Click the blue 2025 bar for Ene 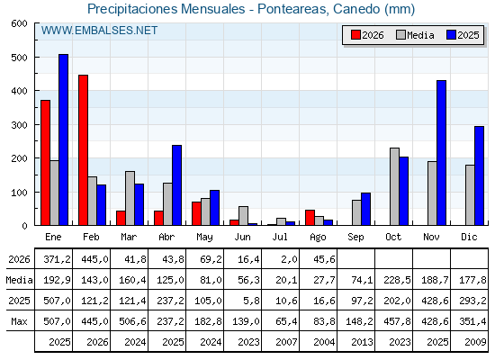pyautogui.click(x=64, y=139)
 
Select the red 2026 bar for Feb pyautogui.click(x=83, y=150)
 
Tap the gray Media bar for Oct pyautogui.click(x=395, y=187)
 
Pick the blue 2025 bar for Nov pyautogui.click(x=441, y=153)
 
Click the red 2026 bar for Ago pyautogui.click(x=310, y=218)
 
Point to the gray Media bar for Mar pyautogui.click(x=130, y=198)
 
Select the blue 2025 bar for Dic pyautogui.click(x=479, y=175)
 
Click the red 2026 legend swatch pyautogui.click(x=355, y=35)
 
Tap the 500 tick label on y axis pyautogui.click(x=20, y=58)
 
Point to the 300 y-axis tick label pyautogui.click(x=20, y=125)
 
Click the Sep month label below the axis pyautogui.click(x=355, y=238)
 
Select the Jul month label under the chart pyautogui.click(x=280, y=237)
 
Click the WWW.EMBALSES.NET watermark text pyautogui.click(x=99, y=31)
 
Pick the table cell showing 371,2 pyautogui.click(x=57, y=259)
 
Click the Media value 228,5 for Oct pyautogui.click(x=397, y=280)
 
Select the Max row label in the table pyautogui.click(x=19, y=321)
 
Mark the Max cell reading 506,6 pyautogui.click(x=132, y=321)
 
